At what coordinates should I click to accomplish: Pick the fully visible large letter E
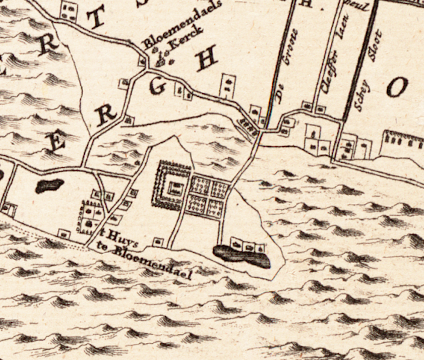pyautogui.click(x=57, y=142)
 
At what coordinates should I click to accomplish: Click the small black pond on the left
pyautogui.click(x=49, y=186)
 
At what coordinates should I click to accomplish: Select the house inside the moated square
pyautogui.click(x=174, y=189)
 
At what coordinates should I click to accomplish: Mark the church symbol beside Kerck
pyautogui.click(x=162, y=59)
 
